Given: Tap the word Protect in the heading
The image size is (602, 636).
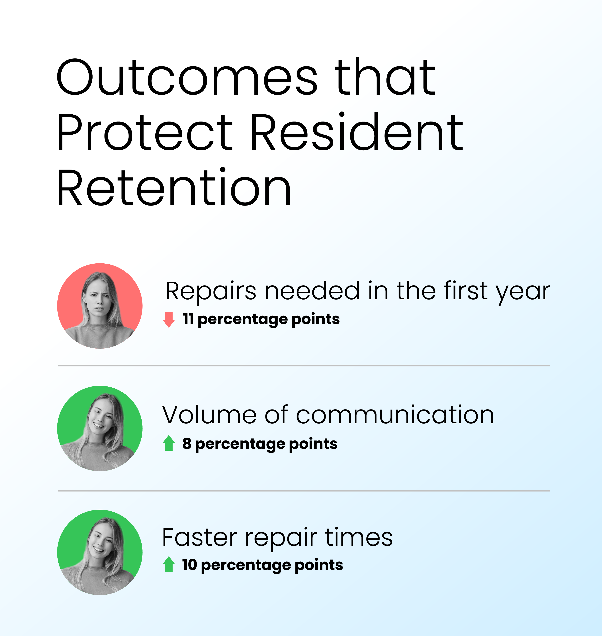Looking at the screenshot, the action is click(x=145, y=132).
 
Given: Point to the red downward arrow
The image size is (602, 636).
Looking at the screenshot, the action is click(x=169, y=319).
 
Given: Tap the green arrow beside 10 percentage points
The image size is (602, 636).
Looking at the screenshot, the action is click(x=169, y=564).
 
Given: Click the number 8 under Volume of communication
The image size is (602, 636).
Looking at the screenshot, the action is click(x=187, y=443).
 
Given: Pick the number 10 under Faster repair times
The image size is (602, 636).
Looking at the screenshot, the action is click(x=189, y=565).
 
